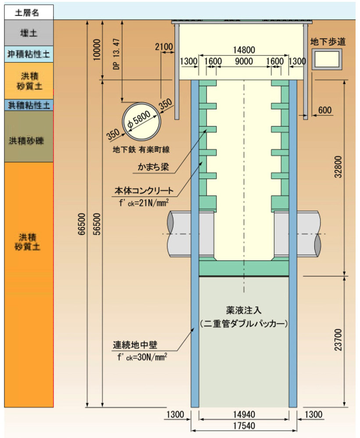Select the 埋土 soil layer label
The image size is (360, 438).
tap(29, 33)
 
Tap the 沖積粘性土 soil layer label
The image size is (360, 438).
tap(29, 54)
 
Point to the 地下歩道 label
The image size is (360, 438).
tap(328, 42)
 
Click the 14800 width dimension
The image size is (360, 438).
tap(244, 50)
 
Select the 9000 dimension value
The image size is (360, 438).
tap(244, 61)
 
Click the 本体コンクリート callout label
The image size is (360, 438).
tap(144, 191)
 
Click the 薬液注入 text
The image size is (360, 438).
tap(244, 311)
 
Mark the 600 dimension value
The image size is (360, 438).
tap(325, 110)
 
